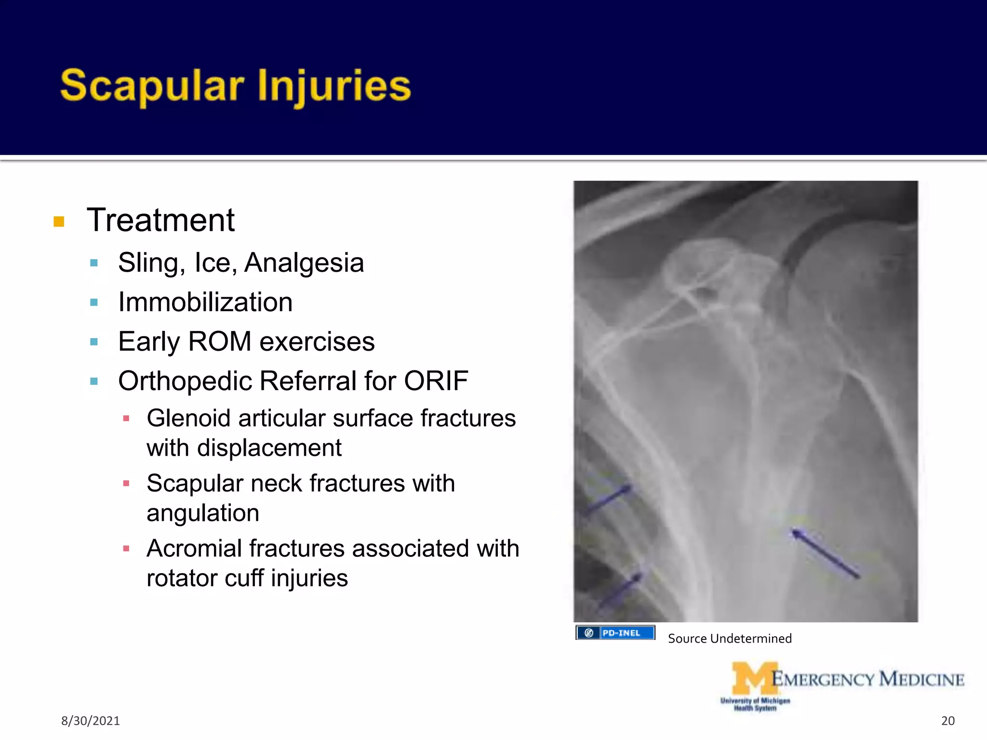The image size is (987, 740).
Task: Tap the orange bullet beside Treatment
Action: pos(59,222)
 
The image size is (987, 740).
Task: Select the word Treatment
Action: pos(160,220)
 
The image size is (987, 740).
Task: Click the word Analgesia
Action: pos(304,263)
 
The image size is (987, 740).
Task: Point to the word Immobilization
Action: pos(205,303)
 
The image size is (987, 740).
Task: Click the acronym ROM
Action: pos(219,342)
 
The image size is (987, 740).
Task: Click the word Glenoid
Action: pos(188,418)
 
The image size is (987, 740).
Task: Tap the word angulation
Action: pos(202,513)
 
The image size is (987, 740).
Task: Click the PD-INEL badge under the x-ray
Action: pos(615,633)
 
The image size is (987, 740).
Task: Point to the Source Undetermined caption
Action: pos(729,639)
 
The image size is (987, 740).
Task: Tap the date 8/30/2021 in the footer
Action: pos(90,721)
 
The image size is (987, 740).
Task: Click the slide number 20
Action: pos(947,721)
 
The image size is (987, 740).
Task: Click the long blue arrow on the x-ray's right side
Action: pos(825,553)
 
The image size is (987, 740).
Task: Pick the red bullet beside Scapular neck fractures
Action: pos(126,483)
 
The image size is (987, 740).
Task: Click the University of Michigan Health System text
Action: pos(755,704)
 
